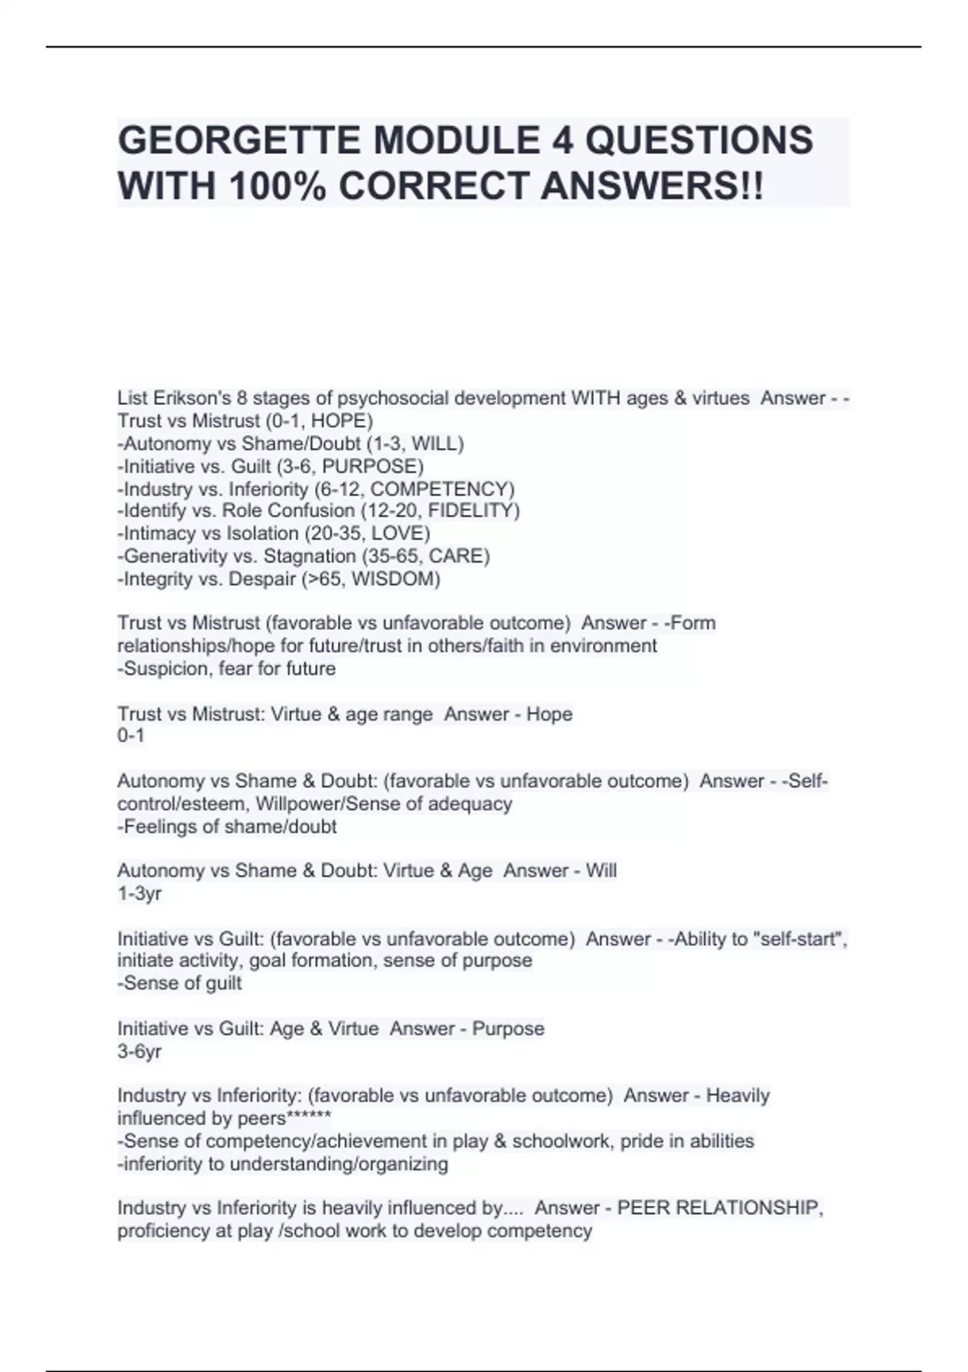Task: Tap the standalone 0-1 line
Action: pos(131,736)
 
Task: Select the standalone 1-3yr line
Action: pos(140,893)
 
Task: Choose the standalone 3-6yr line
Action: pos(140,1052)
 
